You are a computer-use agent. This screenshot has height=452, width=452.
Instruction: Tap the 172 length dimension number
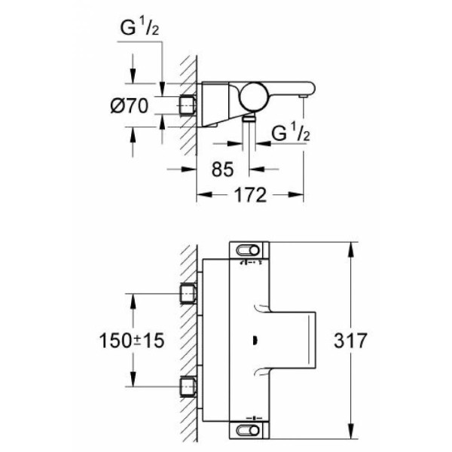point(251,196)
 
